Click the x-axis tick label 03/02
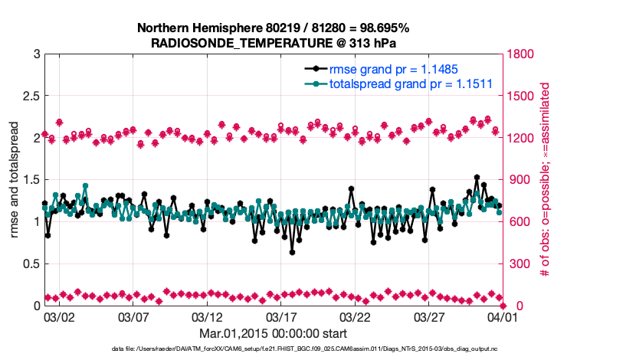pos(58,316)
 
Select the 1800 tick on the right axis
pos(520,54)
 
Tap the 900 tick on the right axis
pos(516,180)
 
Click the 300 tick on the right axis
pos(516,263)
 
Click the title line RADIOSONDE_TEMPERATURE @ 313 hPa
pos(273,44)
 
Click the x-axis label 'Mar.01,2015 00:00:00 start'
pos(274,333)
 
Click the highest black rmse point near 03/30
pos(477,177)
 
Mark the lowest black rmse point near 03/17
pos(292,252)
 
